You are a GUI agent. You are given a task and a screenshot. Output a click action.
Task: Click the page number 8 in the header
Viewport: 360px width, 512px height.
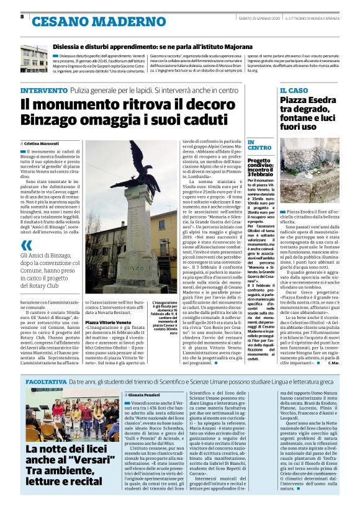tap(22, 16)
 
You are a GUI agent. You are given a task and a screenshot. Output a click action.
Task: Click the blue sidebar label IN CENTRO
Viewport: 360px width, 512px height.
tap(259, 145)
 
